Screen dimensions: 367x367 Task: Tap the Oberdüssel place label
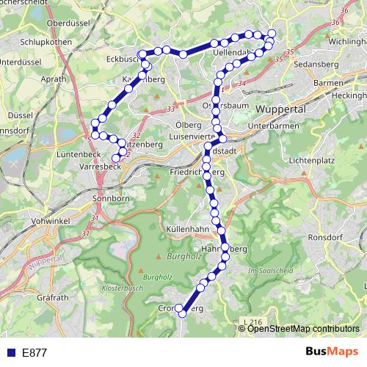(x=68, y=23)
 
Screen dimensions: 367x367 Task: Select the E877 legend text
(x=34, y=352)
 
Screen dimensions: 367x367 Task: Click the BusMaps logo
(x=331, y=352)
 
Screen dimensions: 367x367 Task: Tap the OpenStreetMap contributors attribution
(x=304, y=328)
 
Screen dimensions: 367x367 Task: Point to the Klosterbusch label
(x=121, y=288)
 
